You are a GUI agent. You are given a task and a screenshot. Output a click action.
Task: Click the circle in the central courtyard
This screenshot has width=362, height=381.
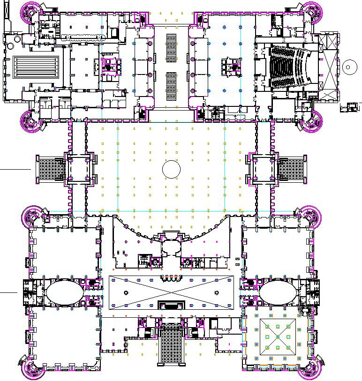coord(171,169)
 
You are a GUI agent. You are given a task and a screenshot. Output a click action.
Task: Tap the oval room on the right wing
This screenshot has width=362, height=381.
coord(278,292)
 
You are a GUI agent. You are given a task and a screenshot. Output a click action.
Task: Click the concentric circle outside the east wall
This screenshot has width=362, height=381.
coord(348,67)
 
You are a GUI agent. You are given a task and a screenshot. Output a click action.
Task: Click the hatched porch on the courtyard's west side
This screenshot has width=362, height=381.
coord(52,169)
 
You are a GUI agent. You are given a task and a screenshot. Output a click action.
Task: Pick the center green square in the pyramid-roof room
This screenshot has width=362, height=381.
coord(277,337)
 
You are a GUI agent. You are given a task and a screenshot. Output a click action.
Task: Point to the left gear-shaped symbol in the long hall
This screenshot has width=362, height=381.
coord(126,293)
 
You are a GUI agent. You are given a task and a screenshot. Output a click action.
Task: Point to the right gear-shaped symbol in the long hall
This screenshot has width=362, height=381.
coord(216,293)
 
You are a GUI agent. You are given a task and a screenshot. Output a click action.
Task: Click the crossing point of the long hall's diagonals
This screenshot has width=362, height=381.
coord(171,292)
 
